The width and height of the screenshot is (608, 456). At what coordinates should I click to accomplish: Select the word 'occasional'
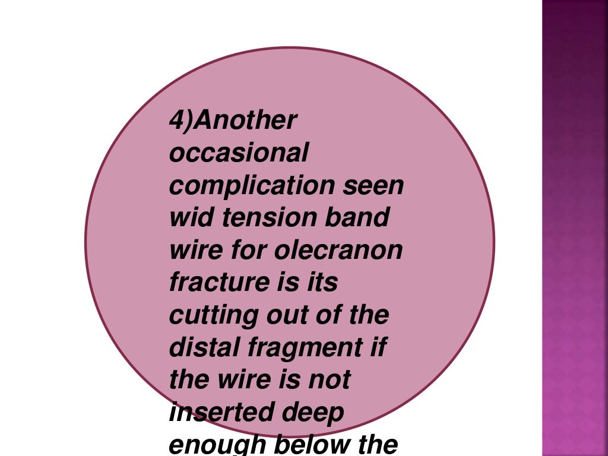(239, 154)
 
